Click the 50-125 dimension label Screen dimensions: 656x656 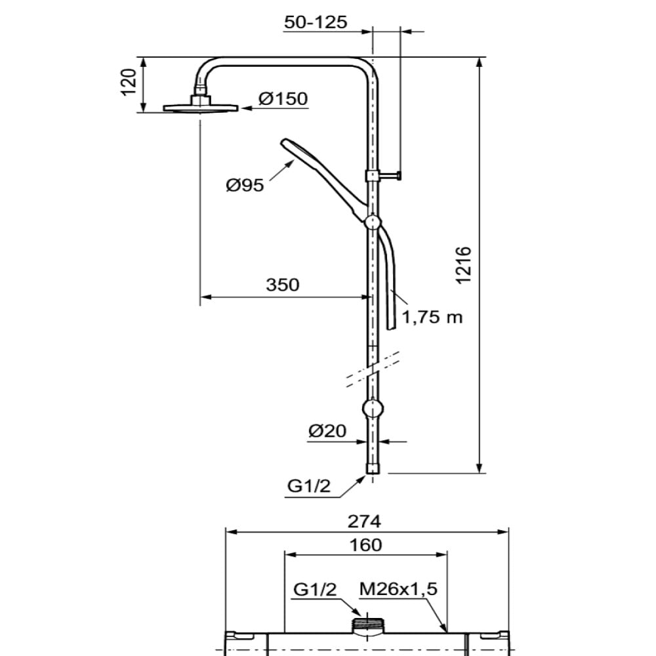point(316,22)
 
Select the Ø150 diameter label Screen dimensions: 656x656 point(283,99)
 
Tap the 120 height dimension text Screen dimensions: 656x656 point(129,82)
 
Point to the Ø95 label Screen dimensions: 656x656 point(245,185)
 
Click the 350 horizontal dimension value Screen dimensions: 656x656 point(283,285)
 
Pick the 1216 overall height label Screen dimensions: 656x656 point(464,266)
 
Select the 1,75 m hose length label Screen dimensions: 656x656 point(432,317)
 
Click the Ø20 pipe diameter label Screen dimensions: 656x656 point(327,430)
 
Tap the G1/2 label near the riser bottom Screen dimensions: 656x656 point(309,485)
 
